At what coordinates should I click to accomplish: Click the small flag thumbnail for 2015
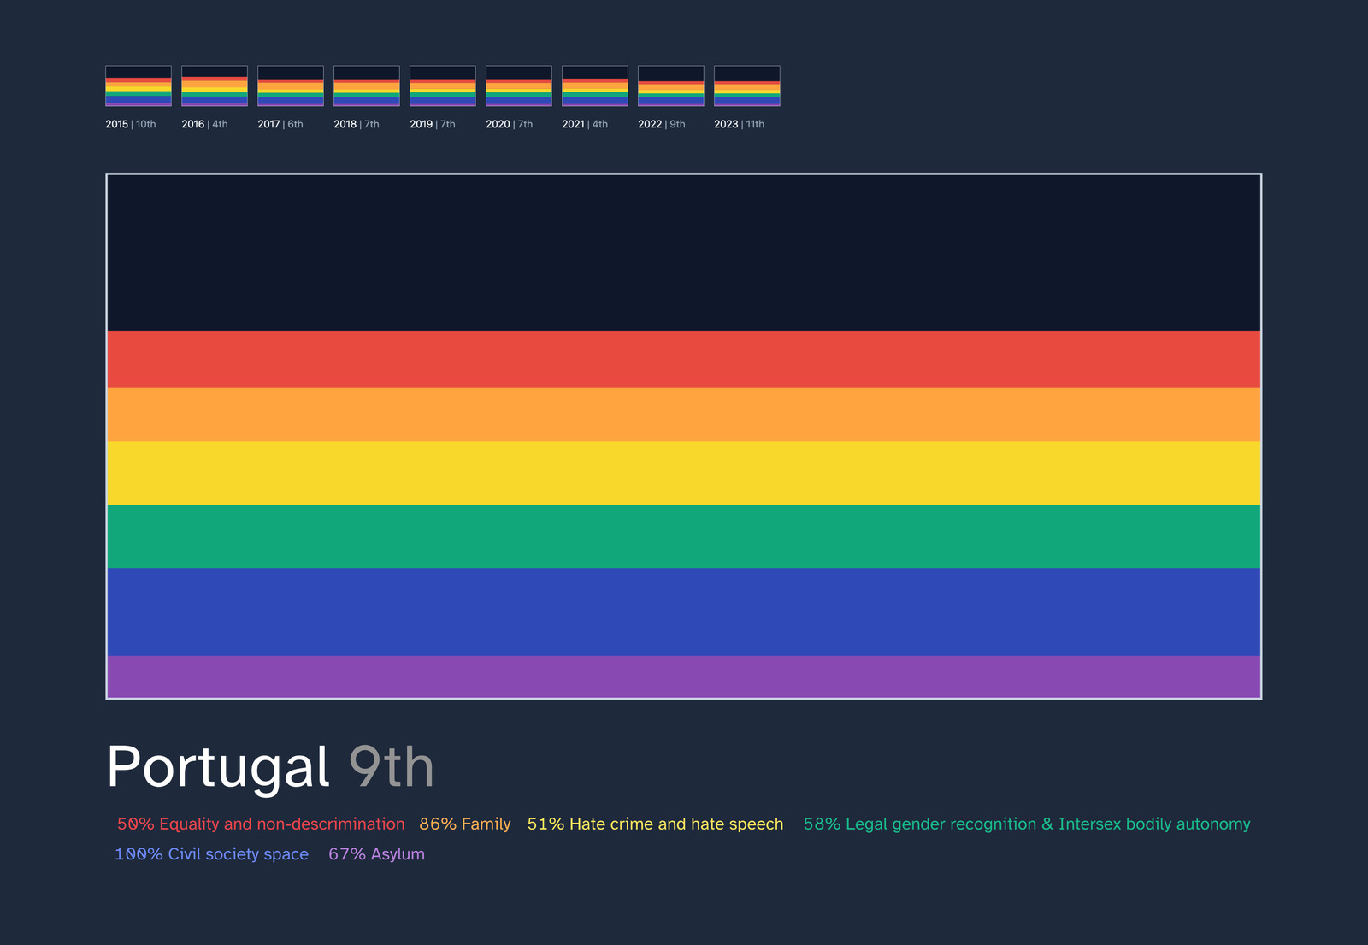click(139, 86)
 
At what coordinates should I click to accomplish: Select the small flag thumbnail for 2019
click(443, 86)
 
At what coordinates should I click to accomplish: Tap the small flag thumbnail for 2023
click(747, 86)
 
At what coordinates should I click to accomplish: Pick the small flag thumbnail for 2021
click(595, 86)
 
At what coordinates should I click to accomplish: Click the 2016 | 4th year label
click(204, 124)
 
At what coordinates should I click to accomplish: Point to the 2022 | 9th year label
click(662, 124)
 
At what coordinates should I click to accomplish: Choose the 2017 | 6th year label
click(280, 124)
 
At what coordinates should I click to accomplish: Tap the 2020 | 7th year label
click(510, 124)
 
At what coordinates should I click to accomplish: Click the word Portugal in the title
click(218, 768)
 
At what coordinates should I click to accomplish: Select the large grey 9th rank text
click(392, 766)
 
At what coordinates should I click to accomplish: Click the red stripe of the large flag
click(684, 359)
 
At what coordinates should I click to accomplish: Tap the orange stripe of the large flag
click(684, 415)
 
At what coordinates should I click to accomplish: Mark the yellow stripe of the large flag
click(684, 474)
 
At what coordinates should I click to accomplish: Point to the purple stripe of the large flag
click(684, 676)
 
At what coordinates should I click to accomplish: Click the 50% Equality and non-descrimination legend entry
click(261, 824)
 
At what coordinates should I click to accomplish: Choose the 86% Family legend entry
click(465, 824)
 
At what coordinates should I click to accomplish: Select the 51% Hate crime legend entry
click(655, 824)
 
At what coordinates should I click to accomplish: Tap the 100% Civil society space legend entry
click(211, 854)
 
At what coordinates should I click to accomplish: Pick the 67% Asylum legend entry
click(376, 854)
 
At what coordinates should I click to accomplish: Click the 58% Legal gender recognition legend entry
click(1027, 824)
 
